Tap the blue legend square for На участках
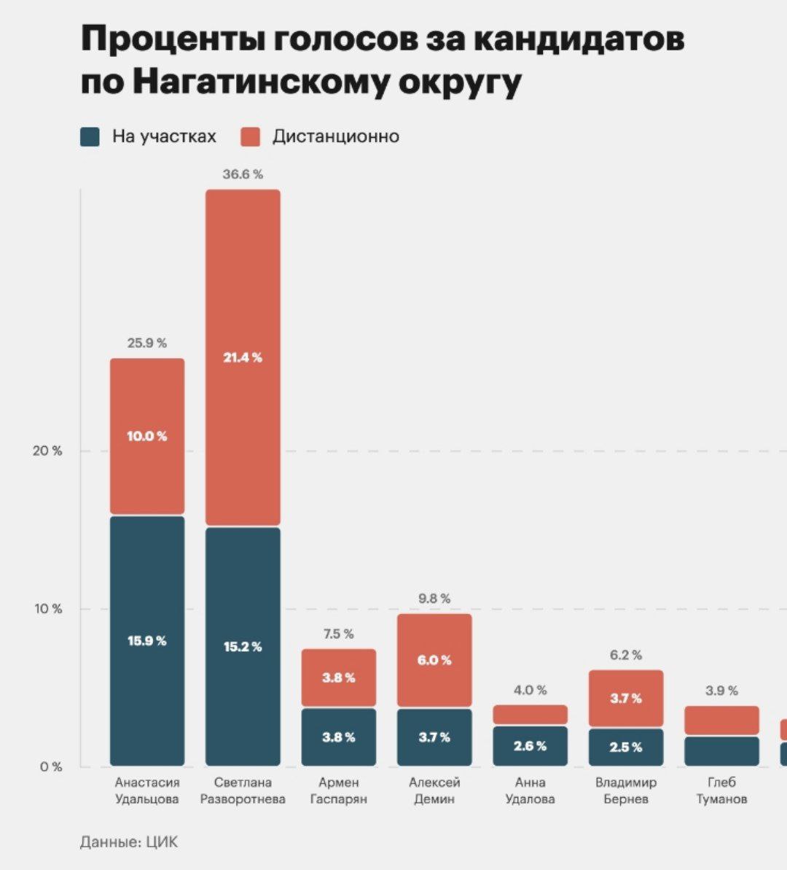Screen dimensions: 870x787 (90, 136)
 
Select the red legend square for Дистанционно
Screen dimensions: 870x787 (250, 136)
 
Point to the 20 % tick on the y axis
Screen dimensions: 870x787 (48, 451)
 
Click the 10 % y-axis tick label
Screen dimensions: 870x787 (48, 609)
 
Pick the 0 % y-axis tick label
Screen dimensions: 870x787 (51, 766)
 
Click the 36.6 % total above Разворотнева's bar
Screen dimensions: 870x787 (243, 174)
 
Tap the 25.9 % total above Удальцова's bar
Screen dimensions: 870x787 (146, 343)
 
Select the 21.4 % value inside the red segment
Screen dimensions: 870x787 (243, 357)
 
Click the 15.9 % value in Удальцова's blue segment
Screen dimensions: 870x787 (146, 641)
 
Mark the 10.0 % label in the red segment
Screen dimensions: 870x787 (146, 436)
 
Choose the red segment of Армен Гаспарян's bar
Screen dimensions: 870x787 (339, 677)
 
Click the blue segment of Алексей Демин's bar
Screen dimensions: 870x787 (434, 737)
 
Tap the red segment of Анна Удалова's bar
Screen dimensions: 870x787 (530, 714)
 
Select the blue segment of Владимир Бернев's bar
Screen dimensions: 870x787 (626, 747)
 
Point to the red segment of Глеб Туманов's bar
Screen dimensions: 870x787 (721, 720)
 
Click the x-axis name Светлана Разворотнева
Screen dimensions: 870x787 (243, 791)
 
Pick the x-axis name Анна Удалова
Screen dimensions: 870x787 (530, 791)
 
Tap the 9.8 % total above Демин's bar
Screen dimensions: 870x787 (434, 599)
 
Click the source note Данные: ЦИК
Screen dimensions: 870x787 (128, 842)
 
